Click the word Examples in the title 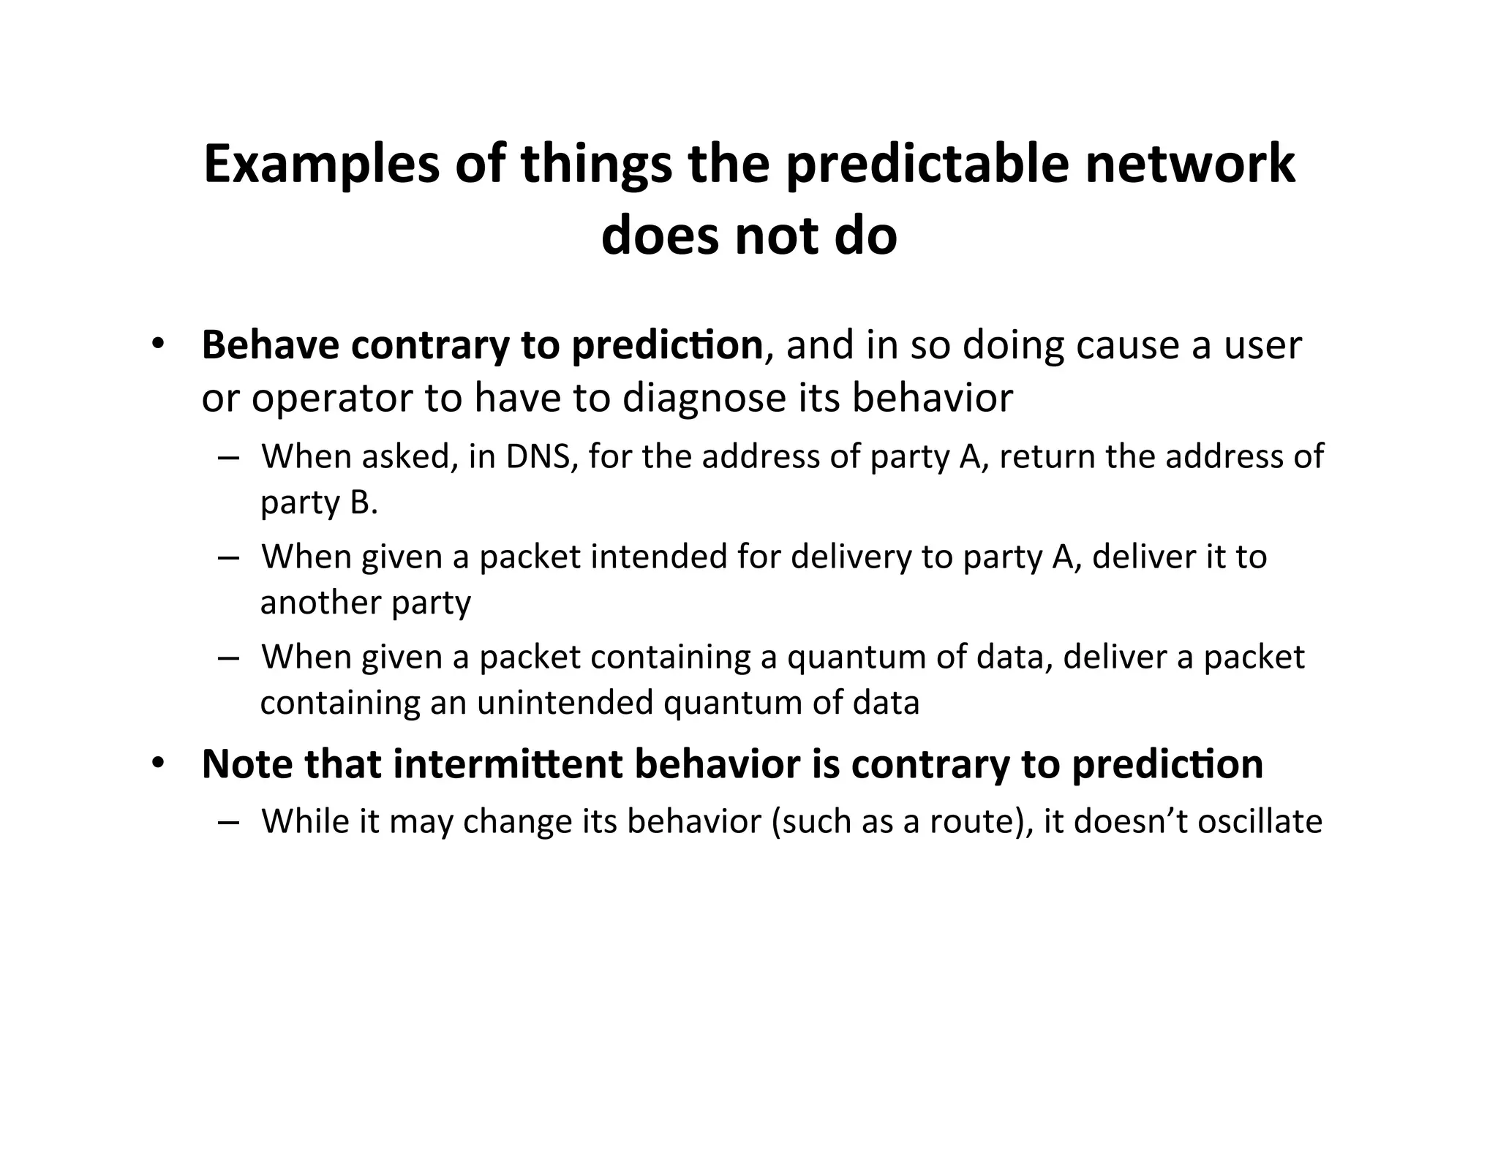(x=322, y=165)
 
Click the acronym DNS (x=537, y=457)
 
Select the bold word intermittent (x=508, y=764)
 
